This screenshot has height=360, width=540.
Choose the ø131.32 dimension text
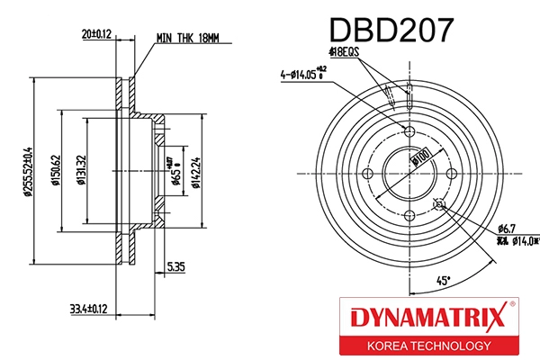click(x=81, y=168)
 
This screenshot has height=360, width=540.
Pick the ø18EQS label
click(x=342, y=52)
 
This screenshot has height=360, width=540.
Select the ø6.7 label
click(x=508, y=229)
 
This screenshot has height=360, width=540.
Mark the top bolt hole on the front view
click(x=409, y=132)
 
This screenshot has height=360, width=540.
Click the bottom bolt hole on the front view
click(x=409, y=214)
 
